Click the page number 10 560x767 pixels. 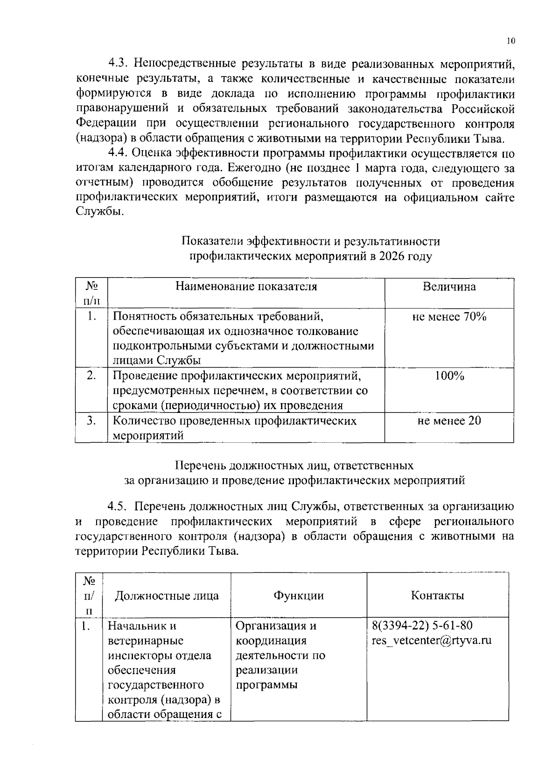coord(510,41)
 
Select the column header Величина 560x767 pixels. coord(449,286)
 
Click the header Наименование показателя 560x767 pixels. coord(246,286)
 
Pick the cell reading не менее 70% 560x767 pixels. coord(449,317)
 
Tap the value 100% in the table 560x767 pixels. coord(449,376)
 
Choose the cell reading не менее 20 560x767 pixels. coord(449,421)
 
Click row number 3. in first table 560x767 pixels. coord(91,421)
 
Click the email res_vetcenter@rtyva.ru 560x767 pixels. coord(432,640)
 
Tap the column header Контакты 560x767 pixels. coord(437,595)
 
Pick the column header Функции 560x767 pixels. coord(298,595)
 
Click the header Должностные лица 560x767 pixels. coord(167,595)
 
